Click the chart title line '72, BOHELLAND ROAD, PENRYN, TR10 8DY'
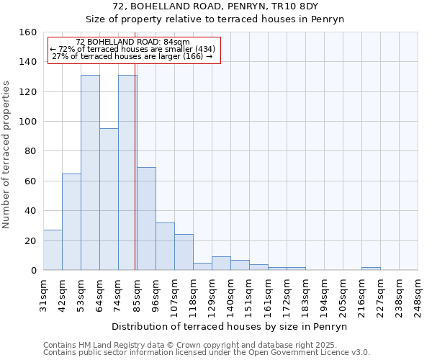click(x=215, y=6)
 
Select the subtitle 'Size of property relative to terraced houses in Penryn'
click(x=215, y=19)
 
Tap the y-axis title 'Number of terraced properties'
click(x=6, y=155)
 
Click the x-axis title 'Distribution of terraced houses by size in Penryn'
click(x=230, y=326)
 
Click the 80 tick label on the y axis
click(x=30, y=151)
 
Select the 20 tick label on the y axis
click(x=30, y=240)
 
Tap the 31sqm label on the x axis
click(x=44, y=294)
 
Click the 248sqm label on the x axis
click(x=418, y=294)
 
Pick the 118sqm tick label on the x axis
click(x=194, y=294)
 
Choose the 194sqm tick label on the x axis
click(x=325, y=294)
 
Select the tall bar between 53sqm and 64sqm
click(x=90, y=173)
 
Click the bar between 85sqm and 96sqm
click(x=146, y=219)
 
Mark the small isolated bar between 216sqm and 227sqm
click(x=371, y=269)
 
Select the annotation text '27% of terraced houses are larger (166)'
click(x=132, y=56)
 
